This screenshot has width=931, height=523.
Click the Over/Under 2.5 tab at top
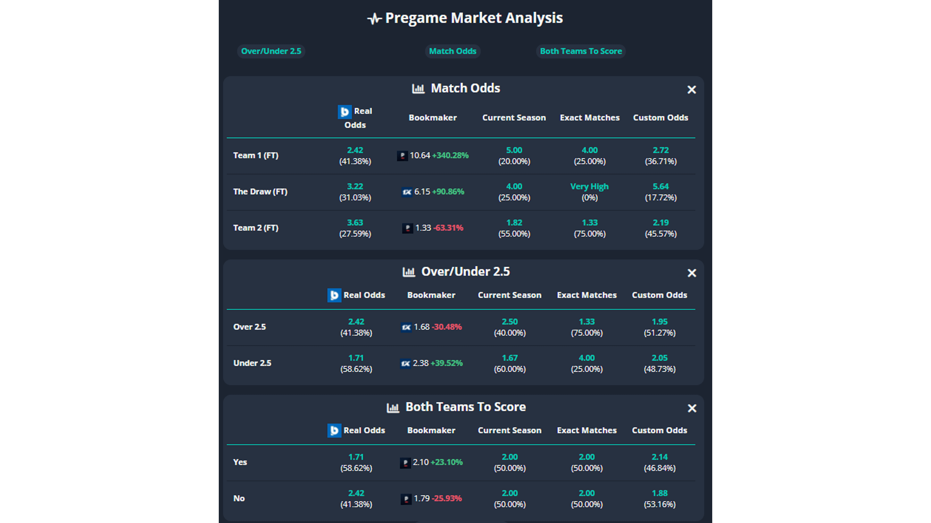pos(271,51)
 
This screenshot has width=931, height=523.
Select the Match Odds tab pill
pos(452,51)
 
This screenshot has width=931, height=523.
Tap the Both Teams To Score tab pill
pos(581,51)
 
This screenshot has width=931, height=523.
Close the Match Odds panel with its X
pos(691,90)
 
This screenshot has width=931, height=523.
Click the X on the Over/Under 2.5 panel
pos(691,273)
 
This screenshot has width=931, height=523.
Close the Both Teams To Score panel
pos(691,408)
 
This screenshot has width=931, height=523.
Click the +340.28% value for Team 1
pos(450,156)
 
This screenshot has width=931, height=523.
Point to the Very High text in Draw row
pos(589,187)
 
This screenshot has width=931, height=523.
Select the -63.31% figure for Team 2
pos(448,228)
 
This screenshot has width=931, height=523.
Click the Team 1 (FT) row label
pos(256,156)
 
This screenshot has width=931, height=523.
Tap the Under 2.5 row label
pos(252,363)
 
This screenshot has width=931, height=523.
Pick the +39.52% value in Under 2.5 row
pos(446,363)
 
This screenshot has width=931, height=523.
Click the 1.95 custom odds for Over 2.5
pos(659,321)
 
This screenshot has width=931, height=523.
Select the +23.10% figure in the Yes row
pos(446,462)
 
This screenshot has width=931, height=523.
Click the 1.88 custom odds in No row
pos(659,493)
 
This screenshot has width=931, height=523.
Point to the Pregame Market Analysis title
pos(473,18)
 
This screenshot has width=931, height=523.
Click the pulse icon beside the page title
pos(374,18)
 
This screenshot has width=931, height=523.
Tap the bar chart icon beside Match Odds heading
pos(418,88)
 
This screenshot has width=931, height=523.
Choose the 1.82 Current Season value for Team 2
pos(514,223)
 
